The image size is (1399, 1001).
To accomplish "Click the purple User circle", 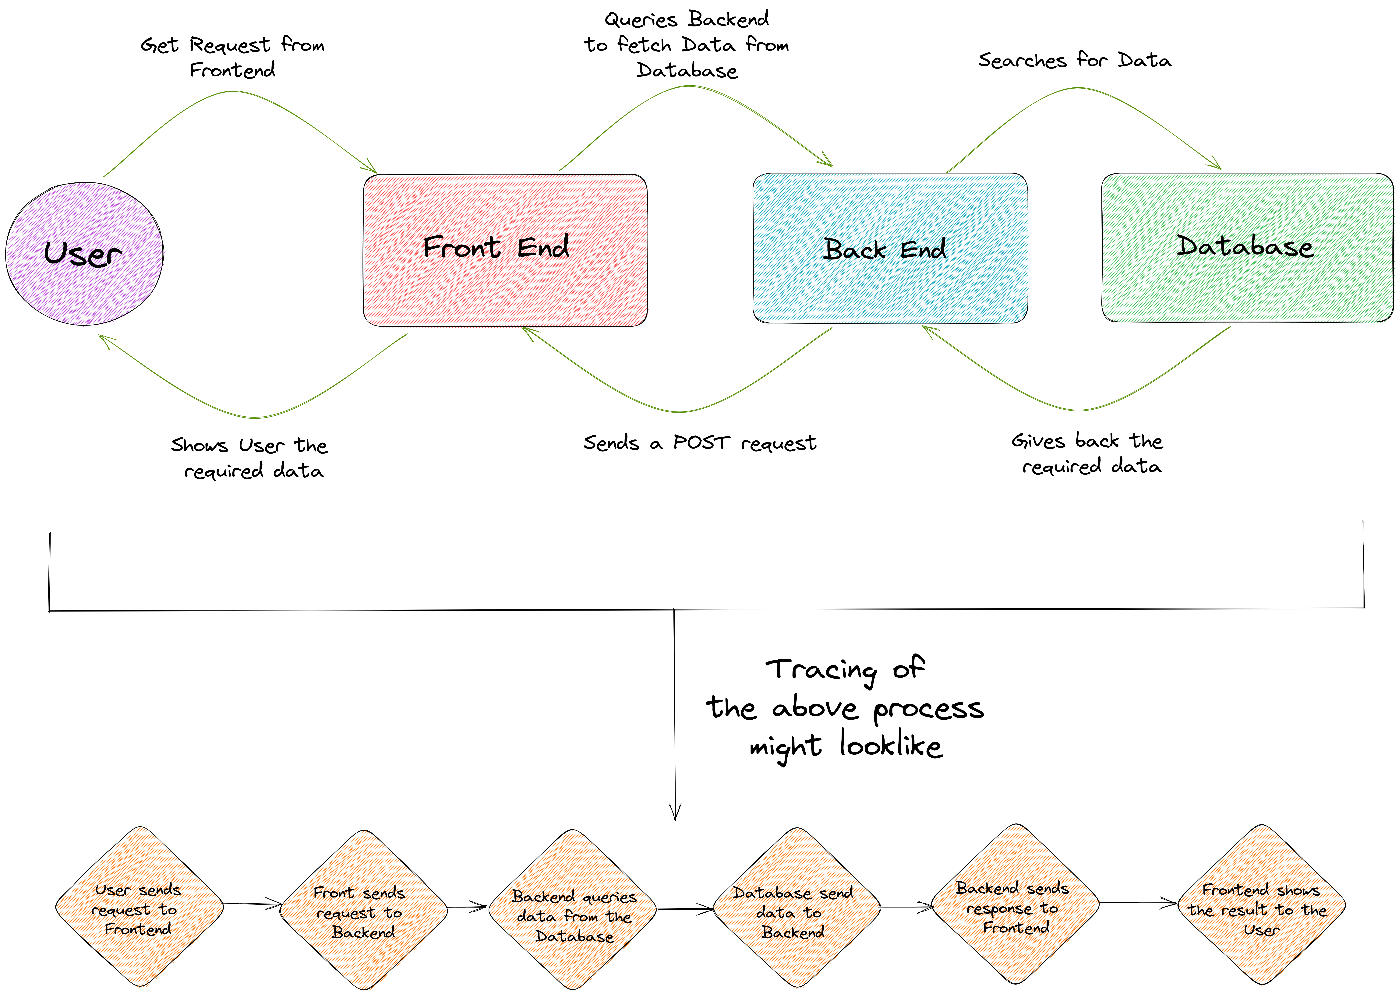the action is point(84,253).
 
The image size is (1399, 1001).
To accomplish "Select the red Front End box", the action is point(505,250).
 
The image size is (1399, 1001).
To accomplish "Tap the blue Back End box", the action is point(890,248).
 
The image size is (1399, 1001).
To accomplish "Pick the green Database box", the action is point(1247,247).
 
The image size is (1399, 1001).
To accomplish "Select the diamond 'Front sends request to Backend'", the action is point(364,910).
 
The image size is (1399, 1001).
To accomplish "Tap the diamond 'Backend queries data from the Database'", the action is point(573,910).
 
